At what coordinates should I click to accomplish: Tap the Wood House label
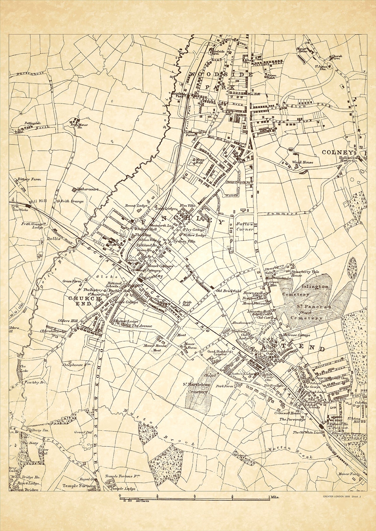(x=302, y=162)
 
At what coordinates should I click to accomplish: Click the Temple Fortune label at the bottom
(x=80, y=495)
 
